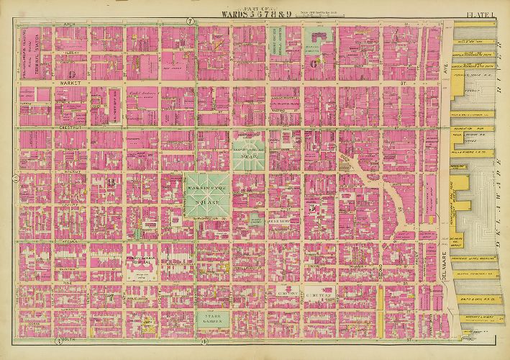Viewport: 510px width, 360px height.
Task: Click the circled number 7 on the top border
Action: coord(189,21)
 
